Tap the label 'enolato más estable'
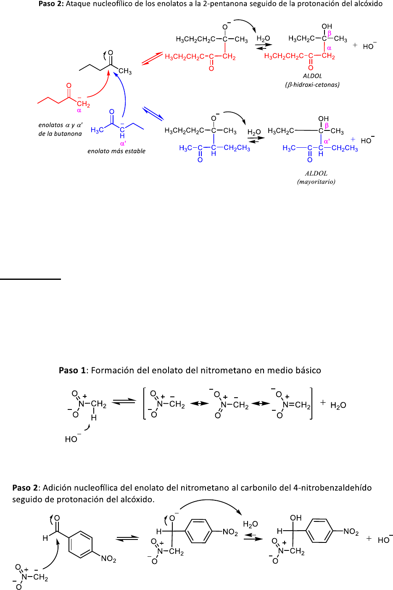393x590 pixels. click(116, 151)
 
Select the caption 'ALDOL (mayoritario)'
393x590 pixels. click(316, 177)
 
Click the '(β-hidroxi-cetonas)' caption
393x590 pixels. click(312, 85)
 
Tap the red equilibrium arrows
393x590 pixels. click(152, 58)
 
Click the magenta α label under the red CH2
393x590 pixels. click(79, 111)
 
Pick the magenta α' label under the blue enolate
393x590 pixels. click(123, 144)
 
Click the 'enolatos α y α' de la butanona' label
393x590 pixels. click(60, 129)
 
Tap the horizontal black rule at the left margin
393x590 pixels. click(30, 279)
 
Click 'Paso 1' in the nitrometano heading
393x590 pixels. click(69, 370)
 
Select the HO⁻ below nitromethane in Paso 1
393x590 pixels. click(72, 439)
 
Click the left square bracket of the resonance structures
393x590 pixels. click(145, 404)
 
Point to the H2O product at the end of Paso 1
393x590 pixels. click(338, 405)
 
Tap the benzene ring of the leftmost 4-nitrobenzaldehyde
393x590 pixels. click(80, 545)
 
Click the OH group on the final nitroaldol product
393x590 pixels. click(296, 518)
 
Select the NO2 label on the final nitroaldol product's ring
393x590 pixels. click(351, 532)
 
